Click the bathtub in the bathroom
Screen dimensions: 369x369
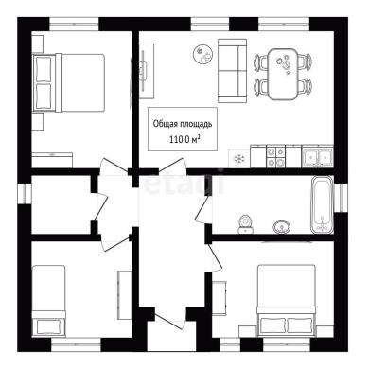pyautogui.click(x=322, y=204)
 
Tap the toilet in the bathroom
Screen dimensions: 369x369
pyautogui.click(x=245, y=223)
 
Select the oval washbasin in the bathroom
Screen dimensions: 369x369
pyautogui.click(x=282, y=227)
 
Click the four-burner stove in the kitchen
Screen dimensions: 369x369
pyautogui.click(x=275, y=156)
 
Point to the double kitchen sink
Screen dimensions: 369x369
pyautogui.click(x=317, y=156)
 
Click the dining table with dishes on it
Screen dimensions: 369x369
pyautogui.click(x=283, y=74)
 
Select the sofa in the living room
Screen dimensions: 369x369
pyautogui.click(x=232, y=71)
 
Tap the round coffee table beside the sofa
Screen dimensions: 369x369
pyautogui.click(x=203, y=54)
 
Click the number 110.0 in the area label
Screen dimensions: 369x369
pyautogui.click(x=180, y=140)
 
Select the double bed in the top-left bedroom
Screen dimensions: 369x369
pyautogui.click(x=69, y=82)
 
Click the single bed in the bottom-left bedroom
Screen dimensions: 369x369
pyautogui.click(x=49, y=300)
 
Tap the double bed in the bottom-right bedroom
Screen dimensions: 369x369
pyautogui.click(x=286, y=300)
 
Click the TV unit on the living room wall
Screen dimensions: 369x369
pyautogui.click(x=147, y=72)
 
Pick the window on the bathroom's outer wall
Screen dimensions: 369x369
pyautogui.click(x=341, y=198)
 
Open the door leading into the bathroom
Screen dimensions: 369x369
pyautogui.click(x=204, y=209)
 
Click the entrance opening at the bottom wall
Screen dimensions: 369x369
pyautogui.click(x=167, y=341)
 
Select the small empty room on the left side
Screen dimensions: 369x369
pyautogui.click(x=62, y=204)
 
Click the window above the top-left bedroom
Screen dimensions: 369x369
pyautogui.click(x=75, y=24)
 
